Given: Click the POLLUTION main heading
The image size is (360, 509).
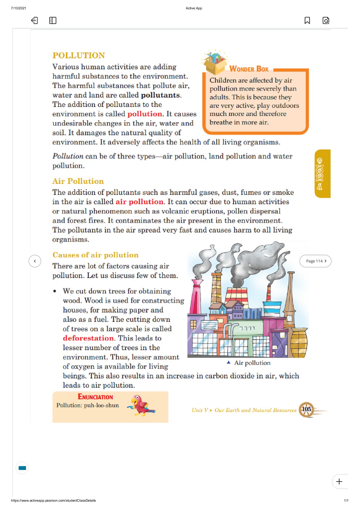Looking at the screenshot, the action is [79, 55].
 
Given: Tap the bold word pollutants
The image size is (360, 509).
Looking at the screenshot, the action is [160, 95].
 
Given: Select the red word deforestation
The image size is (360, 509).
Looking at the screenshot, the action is [88, 338].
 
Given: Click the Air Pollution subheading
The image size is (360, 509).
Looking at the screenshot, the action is [78, 181].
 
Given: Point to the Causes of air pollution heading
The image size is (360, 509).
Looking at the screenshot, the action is [95, 255].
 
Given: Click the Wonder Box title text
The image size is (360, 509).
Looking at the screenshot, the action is [249, 69].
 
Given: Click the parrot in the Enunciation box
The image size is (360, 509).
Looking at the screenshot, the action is [141, 406].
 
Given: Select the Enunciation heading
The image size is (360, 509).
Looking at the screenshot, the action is [95, 397].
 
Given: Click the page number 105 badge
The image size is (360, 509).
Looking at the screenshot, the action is [306, 409].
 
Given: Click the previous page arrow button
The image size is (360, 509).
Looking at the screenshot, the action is [35, 261].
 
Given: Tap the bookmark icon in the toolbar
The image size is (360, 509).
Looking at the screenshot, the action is [307, 20].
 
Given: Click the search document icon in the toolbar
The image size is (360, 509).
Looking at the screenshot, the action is [326, 20].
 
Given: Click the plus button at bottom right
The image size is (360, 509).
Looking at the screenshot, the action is [339, 481].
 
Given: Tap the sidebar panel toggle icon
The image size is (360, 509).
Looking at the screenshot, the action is [53, 20].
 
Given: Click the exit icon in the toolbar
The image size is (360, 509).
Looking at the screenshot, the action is [34, 20].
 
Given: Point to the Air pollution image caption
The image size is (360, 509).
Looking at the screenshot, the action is [252, 363].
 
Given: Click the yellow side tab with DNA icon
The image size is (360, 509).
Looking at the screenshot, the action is [322, 174].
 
